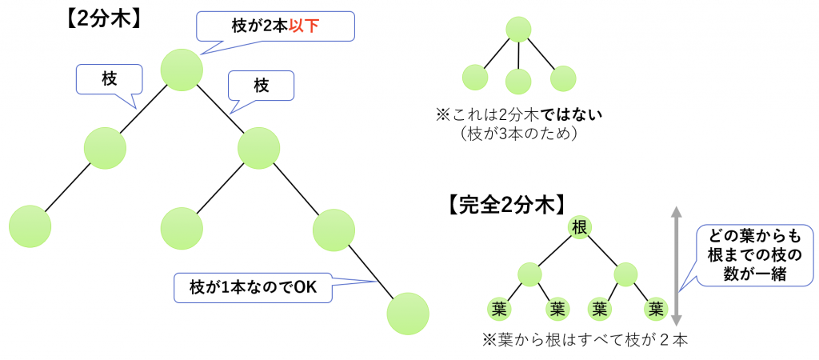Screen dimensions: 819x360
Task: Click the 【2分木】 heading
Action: point(102,20)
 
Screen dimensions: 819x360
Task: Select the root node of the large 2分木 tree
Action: point(182,69)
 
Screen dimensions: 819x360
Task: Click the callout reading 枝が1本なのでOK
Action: point(254,287)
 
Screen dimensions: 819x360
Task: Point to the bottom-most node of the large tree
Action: point(408,314)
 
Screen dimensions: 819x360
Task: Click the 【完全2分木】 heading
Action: point(506,206)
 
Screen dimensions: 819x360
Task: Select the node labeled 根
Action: point(579,228)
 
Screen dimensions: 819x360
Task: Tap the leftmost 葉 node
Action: point(500,310)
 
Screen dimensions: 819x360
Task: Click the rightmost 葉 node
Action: point(656,310)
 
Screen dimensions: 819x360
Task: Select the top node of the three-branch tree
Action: point(518,30)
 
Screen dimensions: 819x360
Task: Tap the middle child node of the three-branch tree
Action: point(518,82)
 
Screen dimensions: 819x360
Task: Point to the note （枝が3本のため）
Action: point(518,134)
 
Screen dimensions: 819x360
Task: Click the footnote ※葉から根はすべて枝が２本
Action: point(585,341)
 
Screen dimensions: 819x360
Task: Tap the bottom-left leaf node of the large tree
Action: point(30,226)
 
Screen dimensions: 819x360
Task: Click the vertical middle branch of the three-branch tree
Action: point(518,55)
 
